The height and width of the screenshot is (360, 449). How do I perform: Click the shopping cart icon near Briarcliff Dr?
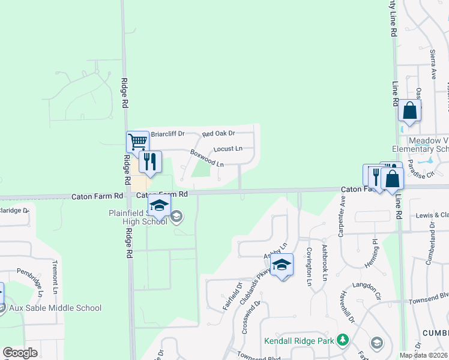137,142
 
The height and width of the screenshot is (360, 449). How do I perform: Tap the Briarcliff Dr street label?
167,134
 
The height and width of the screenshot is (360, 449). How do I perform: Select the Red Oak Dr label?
218,134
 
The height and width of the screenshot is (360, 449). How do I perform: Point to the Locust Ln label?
228,148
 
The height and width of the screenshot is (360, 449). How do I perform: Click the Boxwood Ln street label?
207,158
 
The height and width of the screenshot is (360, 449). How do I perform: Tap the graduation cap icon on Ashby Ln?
282,265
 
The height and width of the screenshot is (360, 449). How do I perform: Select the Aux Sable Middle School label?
55,308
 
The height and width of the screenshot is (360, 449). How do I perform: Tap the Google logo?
20,353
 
